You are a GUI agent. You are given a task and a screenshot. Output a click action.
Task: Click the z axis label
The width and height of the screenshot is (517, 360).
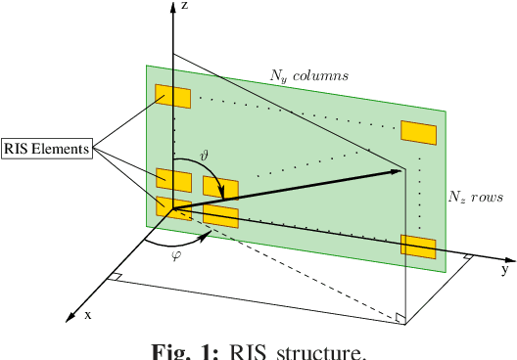point(185,6)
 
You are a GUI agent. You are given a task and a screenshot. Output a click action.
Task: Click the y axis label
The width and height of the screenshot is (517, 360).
point(504,267)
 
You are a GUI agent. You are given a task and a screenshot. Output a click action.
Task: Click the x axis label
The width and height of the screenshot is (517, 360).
point(88,314)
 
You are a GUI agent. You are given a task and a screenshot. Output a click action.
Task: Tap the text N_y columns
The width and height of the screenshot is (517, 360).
point(309,74)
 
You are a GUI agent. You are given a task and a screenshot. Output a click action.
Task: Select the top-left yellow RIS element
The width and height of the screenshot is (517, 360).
point(172,96)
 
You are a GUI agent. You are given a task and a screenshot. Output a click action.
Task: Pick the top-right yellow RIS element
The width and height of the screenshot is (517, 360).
point(419,132)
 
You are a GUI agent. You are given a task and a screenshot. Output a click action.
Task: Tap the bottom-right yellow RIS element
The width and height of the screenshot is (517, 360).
point(418,247)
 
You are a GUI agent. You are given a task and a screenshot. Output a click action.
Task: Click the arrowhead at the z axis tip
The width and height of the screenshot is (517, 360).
point(173,6)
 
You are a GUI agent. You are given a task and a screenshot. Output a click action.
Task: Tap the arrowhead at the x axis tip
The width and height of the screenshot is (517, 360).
point(70,317)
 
